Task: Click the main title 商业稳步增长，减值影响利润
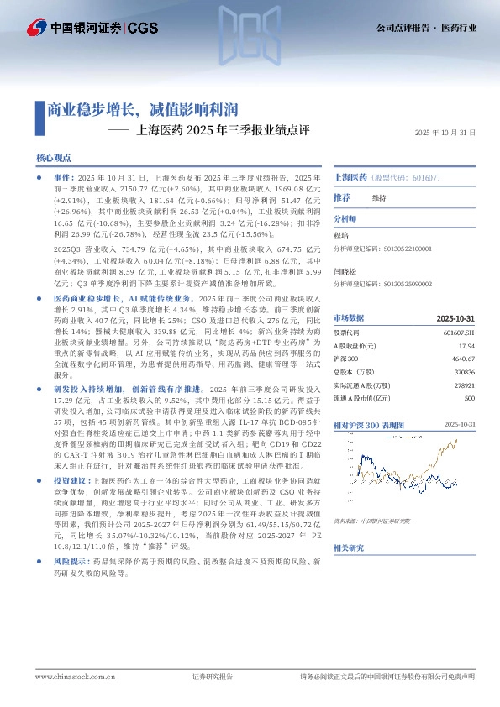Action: [x=141, y=109]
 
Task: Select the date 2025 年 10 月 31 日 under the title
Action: [x=445, y=133]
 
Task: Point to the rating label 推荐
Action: [x=342, y=197]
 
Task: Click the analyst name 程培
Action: [x=342, y=238]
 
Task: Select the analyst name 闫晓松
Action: [x=345, y=273]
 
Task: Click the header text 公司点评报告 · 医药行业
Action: [x=425, y=29]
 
